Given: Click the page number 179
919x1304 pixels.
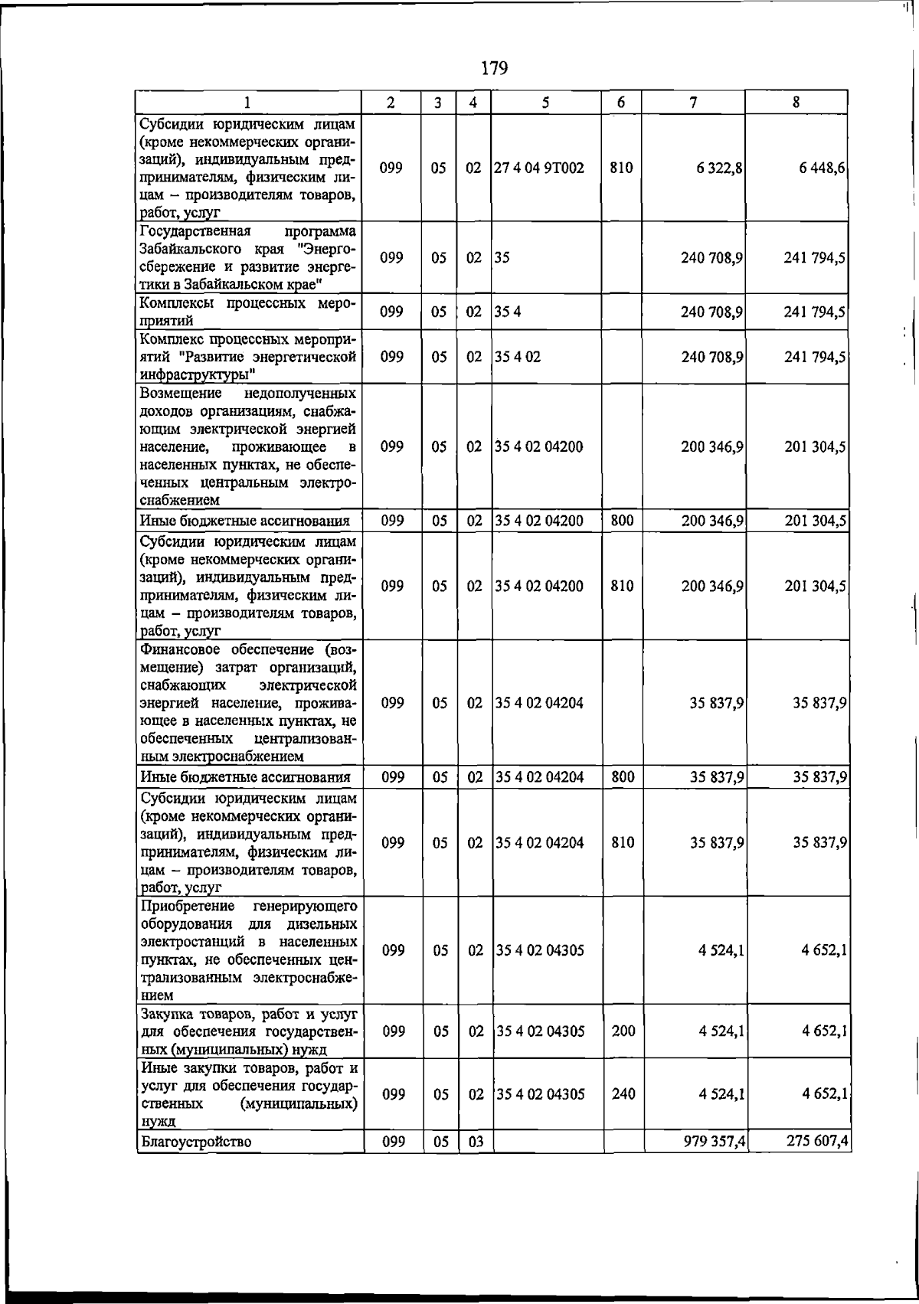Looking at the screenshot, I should [x=495, y=69].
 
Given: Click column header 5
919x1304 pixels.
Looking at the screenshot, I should [x=545, y=103].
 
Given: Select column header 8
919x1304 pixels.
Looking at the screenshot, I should [x=796, y=102].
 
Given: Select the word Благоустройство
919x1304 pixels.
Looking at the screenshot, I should [x=196, y=1165].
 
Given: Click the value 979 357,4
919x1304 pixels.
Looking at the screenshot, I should [x=715, y=1164].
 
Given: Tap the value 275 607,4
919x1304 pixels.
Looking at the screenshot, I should [x=817, y=1164].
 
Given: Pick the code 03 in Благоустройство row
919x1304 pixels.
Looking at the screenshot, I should [x=475, y=1165].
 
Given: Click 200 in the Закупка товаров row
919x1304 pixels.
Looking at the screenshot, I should [x=623, y=1031].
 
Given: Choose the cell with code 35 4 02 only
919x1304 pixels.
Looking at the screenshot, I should [x=518, y=357].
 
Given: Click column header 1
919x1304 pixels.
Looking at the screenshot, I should [x=248, y=103].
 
